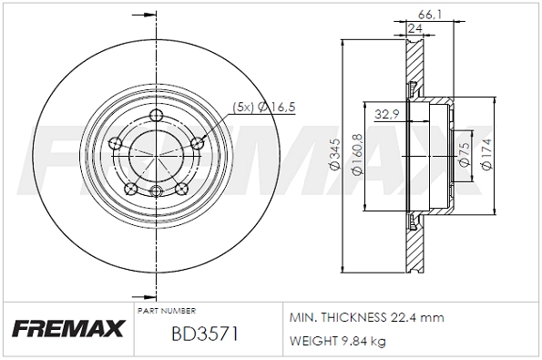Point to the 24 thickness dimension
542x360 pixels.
click(x=415, y=29)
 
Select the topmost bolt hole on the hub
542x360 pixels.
click(x=156, y=115)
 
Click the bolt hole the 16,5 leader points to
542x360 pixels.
click(x=198, y=142)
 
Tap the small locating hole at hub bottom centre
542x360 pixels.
click(x=156, y=190)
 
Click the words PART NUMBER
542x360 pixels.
click(x=167, y=311)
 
